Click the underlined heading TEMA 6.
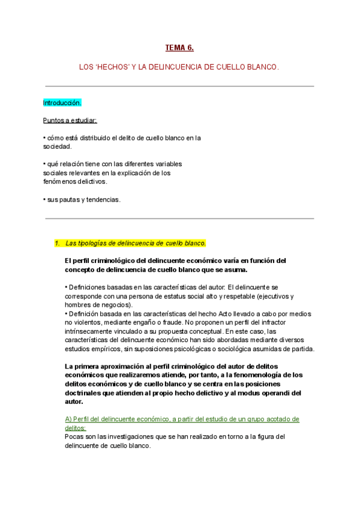coord(179,47)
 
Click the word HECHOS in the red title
coord(106,68)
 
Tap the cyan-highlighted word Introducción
coord(62,103)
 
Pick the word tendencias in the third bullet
coord(104,199)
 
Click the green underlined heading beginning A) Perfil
coord(182,419)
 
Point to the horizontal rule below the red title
coord(179,86)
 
